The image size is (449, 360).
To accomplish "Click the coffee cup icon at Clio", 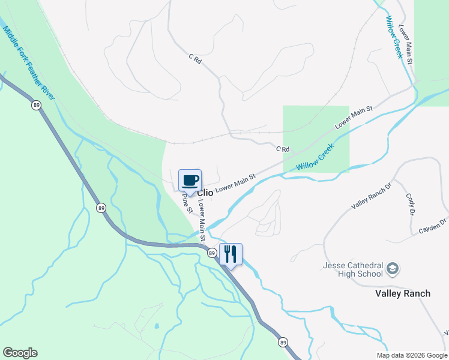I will pos(190,181).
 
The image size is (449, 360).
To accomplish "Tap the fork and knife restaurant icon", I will pos(231,254).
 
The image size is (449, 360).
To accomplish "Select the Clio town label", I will pos(205,193).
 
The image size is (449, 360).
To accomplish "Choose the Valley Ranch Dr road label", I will pos(371,196).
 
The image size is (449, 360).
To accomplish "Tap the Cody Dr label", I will pos(411,204).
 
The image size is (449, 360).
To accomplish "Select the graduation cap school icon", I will pos(393,268).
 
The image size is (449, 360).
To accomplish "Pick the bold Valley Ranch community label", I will pos(403,293).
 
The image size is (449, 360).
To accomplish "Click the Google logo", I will pos(20,353).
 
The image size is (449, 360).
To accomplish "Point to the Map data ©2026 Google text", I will pos(412,355).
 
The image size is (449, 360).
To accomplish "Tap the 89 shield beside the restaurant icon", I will pos(212,253).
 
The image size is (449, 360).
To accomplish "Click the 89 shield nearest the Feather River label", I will pos(37,105).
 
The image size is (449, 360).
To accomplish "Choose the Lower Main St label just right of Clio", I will pos(235,183).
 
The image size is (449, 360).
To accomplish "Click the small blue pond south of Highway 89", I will pos(157,326).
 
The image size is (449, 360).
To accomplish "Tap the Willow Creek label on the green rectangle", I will pos(315,160).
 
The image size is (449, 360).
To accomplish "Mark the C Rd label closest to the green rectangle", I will pos(283,149).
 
